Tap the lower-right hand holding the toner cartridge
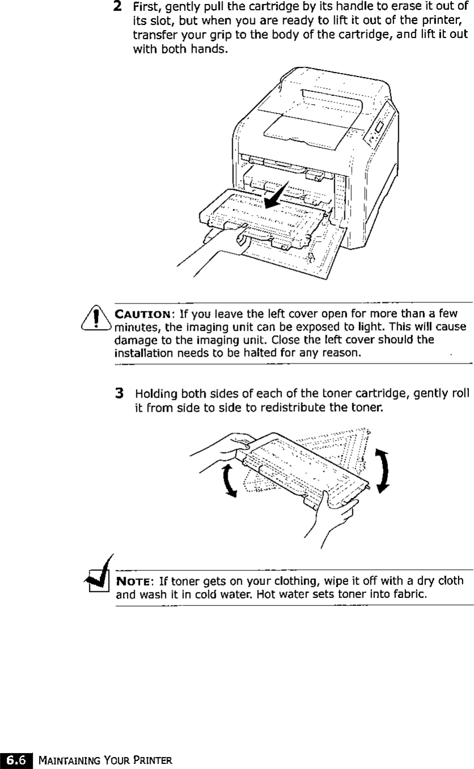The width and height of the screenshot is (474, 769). [334, 512]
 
